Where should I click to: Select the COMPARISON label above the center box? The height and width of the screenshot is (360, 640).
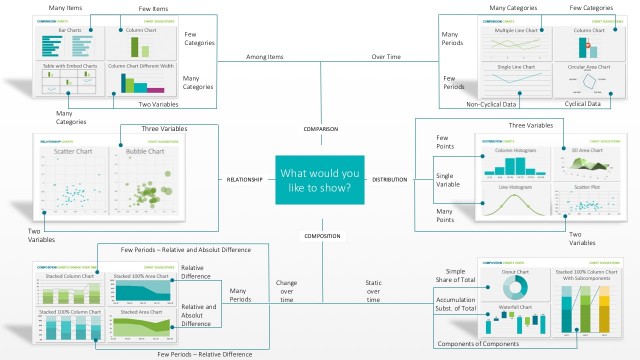[321, 130]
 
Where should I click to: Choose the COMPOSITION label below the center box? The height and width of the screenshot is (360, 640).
[321, 236]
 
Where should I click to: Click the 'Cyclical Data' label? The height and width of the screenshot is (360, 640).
[583, 103]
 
